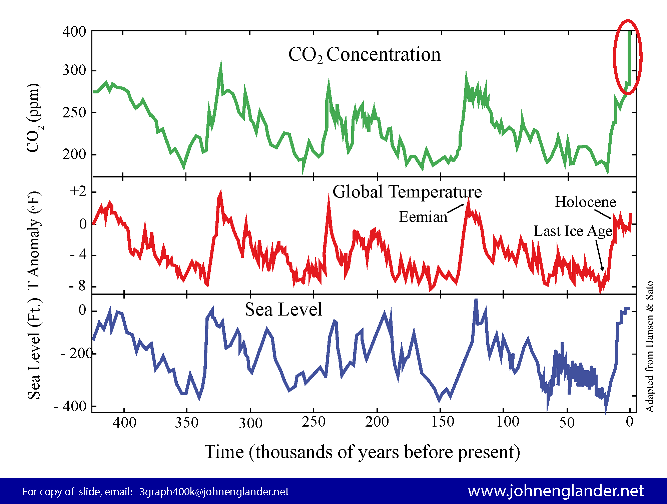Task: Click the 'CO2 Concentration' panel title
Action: pos(364,55)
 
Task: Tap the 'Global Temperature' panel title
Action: pos(407,192)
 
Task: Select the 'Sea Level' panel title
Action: pos(283,309)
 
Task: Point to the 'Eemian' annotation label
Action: pos(423,217)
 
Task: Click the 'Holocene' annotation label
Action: pos(585,202)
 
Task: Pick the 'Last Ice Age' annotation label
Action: pos(573,231)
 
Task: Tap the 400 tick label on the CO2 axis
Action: pos(74,32)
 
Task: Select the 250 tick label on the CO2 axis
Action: pos(74,113)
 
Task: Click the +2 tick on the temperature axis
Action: pos(78,191)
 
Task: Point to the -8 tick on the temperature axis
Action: pos(77,286)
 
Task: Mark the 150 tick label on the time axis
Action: pos(443,422)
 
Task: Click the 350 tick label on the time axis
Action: pos(187,423)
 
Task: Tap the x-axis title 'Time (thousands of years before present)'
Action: pos(362,452)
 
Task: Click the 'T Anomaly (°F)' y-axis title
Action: pos(34,240)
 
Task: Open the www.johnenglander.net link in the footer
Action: pos(556,491)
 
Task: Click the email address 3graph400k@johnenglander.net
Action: pos(214,492)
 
